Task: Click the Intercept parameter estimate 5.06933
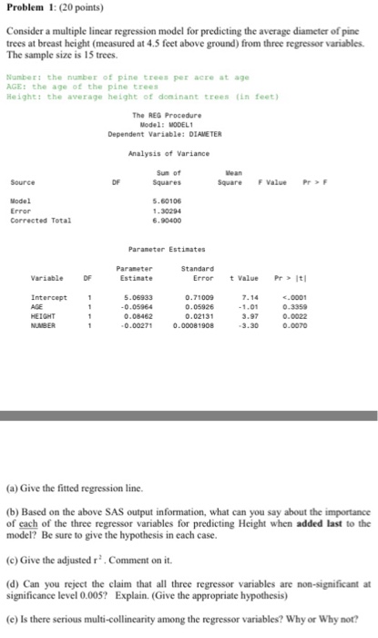[137, 296]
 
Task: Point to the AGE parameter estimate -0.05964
[137, 305]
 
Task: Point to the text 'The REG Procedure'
[165, 116]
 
